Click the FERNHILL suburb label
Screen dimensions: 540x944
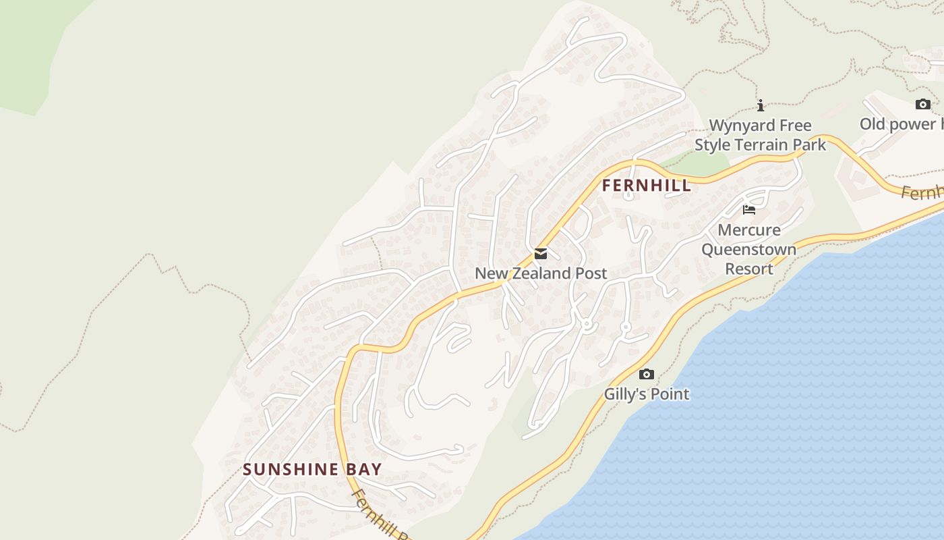(x=646, y=186)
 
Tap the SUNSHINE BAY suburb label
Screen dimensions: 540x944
(x=312, y=470)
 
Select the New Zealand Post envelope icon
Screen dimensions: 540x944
(x=540, y=254)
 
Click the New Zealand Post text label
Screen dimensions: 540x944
(x=541, y=273)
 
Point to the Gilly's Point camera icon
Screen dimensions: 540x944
(x=646, y=374)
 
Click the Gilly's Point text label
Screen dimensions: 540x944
(x=646, y=394)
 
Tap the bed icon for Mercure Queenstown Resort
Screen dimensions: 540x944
(x=748, y=210)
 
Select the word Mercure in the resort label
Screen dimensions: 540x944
(x=748, y=230)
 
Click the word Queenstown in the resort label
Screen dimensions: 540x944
(x=748, y=250)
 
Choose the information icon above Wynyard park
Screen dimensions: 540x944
(x=761, y=106)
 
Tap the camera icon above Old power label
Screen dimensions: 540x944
(x=922, y=105)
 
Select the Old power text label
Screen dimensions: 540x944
(x=900, y=124)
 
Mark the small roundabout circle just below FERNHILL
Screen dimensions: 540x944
(x=628, y=196)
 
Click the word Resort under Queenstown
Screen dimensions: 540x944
(x=748, y=269)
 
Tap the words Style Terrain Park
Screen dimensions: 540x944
(x=760, y=144)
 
